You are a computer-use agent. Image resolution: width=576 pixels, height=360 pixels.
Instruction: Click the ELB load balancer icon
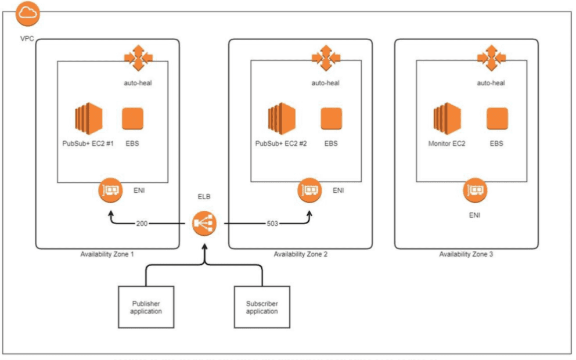click(x=204, y=224)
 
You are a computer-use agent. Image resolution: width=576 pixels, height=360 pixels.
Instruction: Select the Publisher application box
click(x=146, y=307)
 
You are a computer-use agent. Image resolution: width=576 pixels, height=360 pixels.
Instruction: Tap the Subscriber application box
click(x=261, y=307)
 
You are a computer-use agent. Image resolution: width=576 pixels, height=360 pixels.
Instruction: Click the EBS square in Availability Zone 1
click(x=132, y=118)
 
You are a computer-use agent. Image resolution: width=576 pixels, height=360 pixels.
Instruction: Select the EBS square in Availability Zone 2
click(x=332, y=118)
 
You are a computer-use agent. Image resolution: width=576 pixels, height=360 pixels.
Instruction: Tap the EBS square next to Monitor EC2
click(x=497, y=118)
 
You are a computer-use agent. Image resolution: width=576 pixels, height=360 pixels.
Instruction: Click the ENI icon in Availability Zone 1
click(x=110, y=190)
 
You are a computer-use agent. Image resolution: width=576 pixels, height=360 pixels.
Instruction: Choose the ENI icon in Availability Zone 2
click(x=309, y=190)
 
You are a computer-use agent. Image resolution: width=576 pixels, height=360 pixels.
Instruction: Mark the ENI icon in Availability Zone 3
click(x=476, y=190)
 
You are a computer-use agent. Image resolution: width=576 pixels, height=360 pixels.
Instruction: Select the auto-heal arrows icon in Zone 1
click(x=138, y=59)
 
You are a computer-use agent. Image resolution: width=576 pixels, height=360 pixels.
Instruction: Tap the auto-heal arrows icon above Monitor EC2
click(x=491, y=59)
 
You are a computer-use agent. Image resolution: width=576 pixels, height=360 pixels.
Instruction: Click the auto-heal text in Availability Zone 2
click(x=325, y=83)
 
